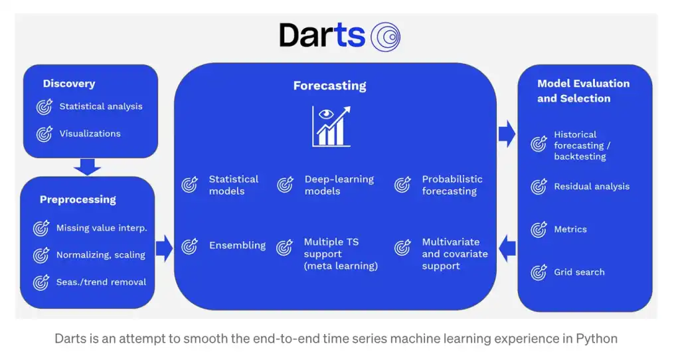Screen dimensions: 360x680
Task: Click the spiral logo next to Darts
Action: [385, 36]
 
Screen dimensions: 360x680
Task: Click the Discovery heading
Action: [69, 84]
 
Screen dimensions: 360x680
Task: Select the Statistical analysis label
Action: [101, 106]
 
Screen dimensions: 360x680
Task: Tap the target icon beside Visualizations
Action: [44, 134]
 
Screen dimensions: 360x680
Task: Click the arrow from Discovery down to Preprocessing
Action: [87, 166]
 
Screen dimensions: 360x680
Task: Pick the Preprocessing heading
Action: [78, 199]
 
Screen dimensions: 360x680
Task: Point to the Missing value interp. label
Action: [102, 228]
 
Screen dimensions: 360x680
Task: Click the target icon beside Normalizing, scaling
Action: [41, 255]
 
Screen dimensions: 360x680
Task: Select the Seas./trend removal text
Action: [101, 282]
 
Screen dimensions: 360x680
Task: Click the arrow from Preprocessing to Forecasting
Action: [163, 248]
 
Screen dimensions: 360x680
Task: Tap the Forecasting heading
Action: [329, 86]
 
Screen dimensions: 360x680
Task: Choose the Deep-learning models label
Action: [339, 185]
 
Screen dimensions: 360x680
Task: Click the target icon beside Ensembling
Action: [190, 246]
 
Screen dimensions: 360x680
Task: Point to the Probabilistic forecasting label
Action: [452, 185]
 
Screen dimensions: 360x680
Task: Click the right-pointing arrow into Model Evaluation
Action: [507, 134]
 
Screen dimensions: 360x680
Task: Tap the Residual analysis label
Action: [592, 187]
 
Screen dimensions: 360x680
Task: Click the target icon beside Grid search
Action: [539, 272]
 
